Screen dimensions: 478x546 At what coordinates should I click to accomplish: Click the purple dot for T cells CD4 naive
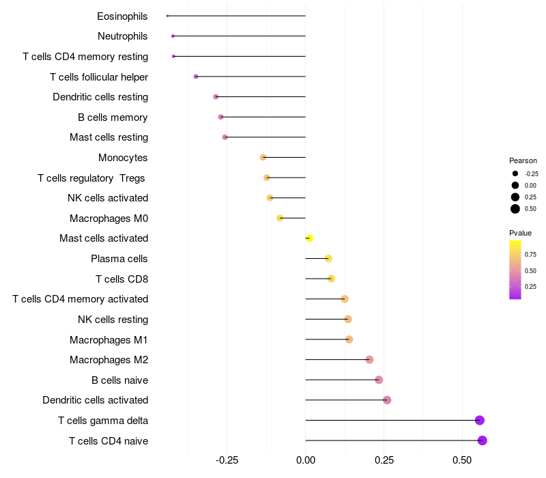coord(483,440)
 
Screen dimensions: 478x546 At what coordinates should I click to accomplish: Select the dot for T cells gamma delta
coord(480,421)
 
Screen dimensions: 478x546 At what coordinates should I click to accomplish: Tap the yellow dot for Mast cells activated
coord(309,238)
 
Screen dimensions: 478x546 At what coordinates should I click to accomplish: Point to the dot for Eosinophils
coord(167,16)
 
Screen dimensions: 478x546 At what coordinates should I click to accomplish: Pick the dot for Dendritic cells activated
coord(387,400)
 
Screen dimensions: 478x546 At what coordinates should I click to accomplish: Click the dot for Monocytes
coord(263,158)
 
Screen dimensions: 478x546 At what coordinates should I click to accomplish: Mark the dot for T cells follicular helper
coord(196,76)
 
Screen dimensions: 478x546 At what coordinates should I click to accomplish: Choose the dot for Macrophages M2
coord(369,360)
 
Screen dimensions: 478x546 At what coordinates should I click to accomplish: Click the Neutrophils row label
coord(123,36)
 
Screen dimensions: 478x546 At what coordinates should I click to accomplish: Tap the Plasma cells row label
coord(119,259)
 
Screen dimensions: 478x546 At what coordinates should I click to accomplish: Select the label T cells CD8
coord(121,279)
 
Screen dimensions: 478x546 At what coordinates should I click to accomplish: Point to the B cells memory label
coord(113,117)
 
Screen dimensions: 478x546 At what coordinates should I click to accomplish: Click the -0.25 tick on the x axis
coord(227,460)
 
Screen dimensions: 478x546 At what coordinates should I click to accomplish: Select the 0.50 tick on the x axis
coord(462,460)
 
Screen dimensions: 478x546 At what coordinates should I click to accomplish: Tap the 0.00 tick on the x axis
coord(305,460)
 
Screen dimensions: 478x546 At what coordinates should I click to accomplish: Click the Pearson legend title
coord(523,160)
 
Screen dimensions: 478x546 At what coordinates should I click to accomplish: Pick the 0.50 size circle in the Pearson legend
coord(515,209)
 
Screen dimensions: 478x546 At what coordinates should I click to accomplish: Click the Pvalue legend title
coord(521,233)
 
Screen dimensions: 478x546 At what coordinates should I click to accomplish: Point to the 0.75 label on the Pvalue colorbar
coord(530,255)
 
